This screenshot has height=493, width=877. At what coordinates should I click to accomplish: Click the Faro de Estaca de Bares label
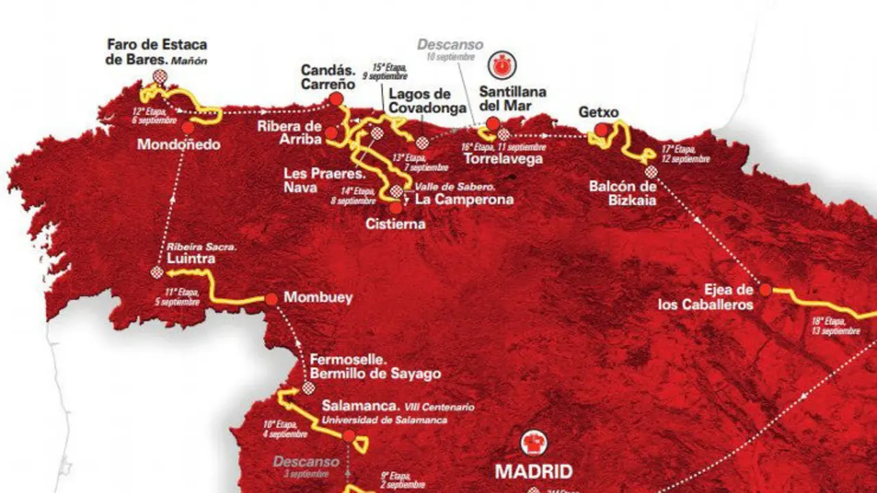(x=157, y=52)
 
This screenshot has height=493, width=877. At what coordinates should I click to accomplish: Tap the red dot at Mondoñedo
(x=188, y=127)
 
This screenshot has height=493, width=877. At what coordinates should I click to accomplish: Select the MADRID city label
(x=534, y=472)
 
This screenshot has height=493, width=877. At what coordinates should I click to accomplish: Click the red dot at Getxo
(x=601, y=129)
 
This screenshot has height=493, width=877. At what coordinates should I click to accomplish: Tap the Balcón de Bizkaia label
(x=623, y=192)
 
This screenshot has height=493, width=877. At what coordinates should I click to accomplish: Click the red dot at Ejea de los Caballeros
(x=765, y=290)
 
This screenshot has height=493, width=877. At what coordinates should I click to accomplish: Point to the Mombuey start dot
(x=271, y=299)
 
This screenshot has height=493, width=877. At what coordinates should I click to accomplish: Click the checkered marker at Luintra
(x=158, y=273)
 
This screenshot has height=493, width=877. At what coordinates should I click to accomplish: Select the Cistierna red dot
(x=395, y=207)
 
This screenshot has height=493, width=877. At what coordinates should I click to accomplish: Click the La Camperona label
(x=464, y=200)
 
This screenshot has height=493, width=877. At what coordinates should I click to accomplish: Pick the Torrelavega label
(x=502, y=159)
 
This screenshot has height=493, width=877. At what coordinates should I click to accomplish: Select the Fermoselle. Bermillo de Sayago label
(x=375, y=367)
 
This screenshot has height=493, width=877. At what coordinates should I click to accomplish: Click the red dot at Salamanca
(x=349, y=436)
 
